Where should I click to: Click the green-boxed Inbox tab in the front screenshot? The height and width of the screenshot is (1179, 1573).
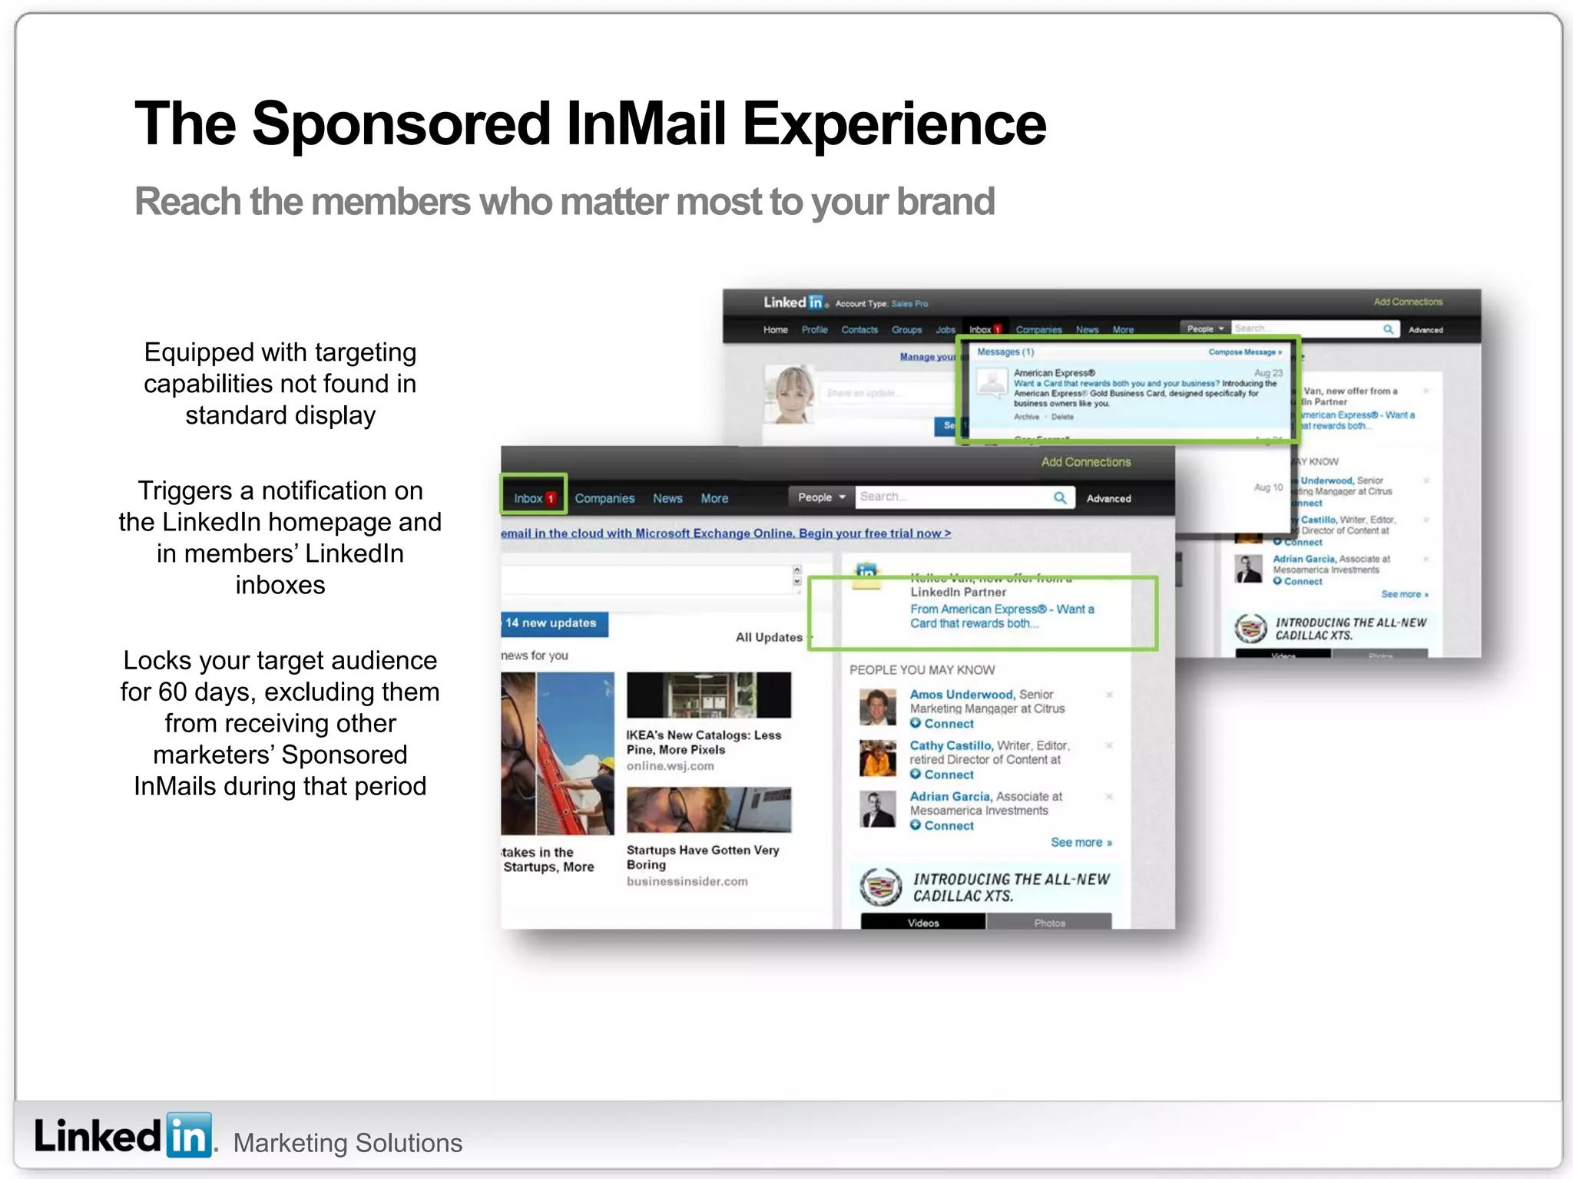coord(533,498)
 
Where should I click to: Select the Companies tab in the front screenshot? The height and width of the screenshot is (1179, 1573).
coord(604,498)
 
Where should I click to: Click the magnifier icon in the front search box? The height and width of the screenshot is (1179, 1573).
coord(1060,497)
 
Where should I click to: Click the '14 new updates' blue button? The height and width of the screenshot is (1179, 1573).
coord(553,623)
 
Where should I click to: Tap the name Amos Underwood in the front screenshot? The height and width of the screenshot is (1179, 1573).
coord(961,695)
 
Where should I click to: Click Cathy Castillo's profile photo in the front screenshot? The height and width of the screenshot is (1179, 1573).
coord(877,758)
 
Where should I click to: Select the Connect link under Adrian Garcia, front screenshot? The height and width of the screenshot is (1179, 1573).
coord(949,826)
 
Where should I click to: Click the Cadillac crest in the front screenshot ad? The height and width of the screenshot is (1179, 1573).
coord(880,887)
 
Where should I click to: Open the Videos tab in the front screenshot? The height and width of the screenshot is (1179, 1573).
coord(923,923)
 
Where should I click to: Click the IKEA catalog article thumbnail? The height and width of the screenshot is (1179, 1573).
coord(708,695)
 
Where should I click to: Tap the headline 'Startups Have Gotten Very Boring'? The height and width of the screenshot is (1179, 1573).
coord(702,857)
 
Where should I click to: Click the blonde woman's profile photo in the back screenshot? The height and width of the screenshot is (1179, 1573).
coord(790,395)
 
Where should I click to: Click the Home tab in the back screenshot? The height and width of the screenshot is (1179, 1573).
coord(775,330)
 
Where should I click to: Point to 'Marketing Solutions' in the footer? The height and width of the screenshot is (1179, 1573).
coord(348,1143)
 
